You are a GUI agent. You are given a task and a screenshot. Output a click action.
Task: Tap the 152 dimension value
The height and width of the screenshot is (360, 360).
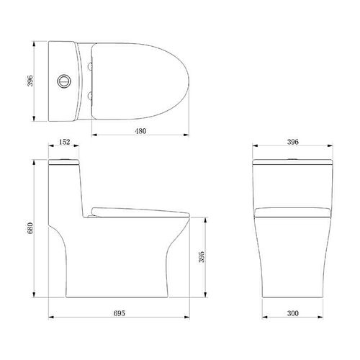click(x=65, y=143)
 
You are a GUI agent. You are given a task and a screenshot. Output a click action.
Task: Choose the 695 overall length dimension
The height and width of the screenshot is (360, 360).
click(x=120, y=315)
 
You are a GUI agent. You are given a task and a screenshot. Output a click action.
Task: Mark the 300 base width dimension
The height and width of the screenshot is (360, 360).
click(x=291, y=315)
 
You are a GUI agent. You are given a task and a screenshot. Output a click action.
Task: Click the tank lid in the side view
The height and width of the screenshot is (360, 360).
click(x=66, y=162)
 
